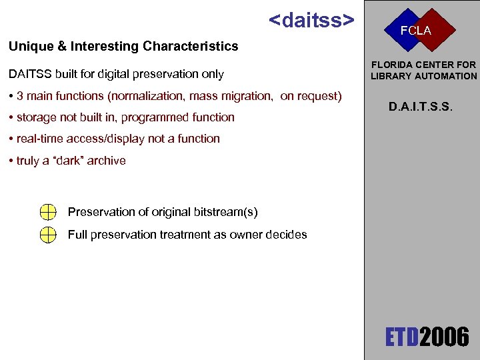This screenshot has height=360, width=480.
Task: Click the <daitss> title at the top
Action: click(311, 20)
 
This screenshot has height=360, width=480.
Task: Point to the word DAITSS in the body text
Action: click(29, 74)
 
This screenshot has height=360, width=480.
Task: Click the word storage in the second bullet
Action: click(37, 117)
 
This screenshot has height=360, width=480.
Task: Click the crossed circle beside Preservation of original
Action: click(47, 212)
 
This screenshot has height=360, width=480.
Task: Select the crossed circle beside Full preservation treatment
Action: click(47, 235)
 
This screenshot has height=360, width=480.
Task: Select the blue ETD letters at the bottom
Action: click(403, 337)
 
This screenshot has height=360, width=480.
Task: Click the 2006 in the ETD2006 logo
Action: click(444, 337)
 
